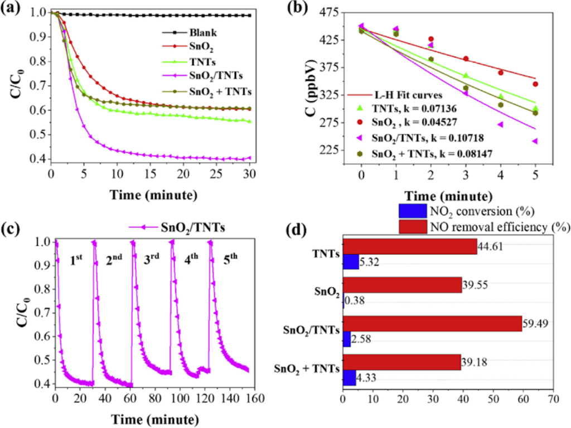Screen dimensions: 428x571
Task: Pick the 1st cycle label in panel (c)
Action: [x=76, y=260]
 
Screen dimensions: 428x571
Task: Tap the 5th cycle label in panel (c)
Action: [x=231, y=260]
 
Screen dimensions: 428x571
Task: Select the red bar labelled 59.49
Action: [x=432, y=323]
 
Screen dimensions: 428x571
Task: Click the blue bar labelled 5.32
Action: [x=351, y=261]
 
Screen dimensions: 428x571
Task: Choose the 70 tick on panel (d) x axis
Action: [x=552, y=400]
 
